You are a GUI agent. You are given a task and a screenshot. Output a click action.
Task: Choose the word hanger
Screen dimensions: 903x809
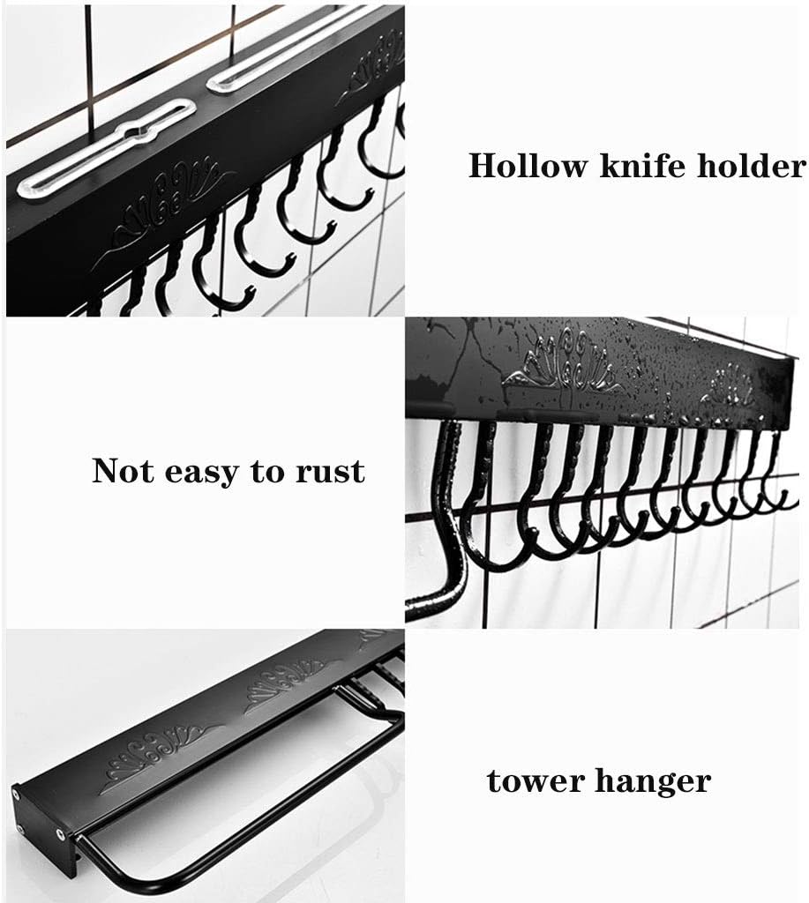tap(655, 781)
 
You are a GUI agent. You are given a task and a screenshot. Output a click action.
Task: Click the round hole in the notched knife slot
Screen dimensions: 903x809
tap(137, 133)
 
